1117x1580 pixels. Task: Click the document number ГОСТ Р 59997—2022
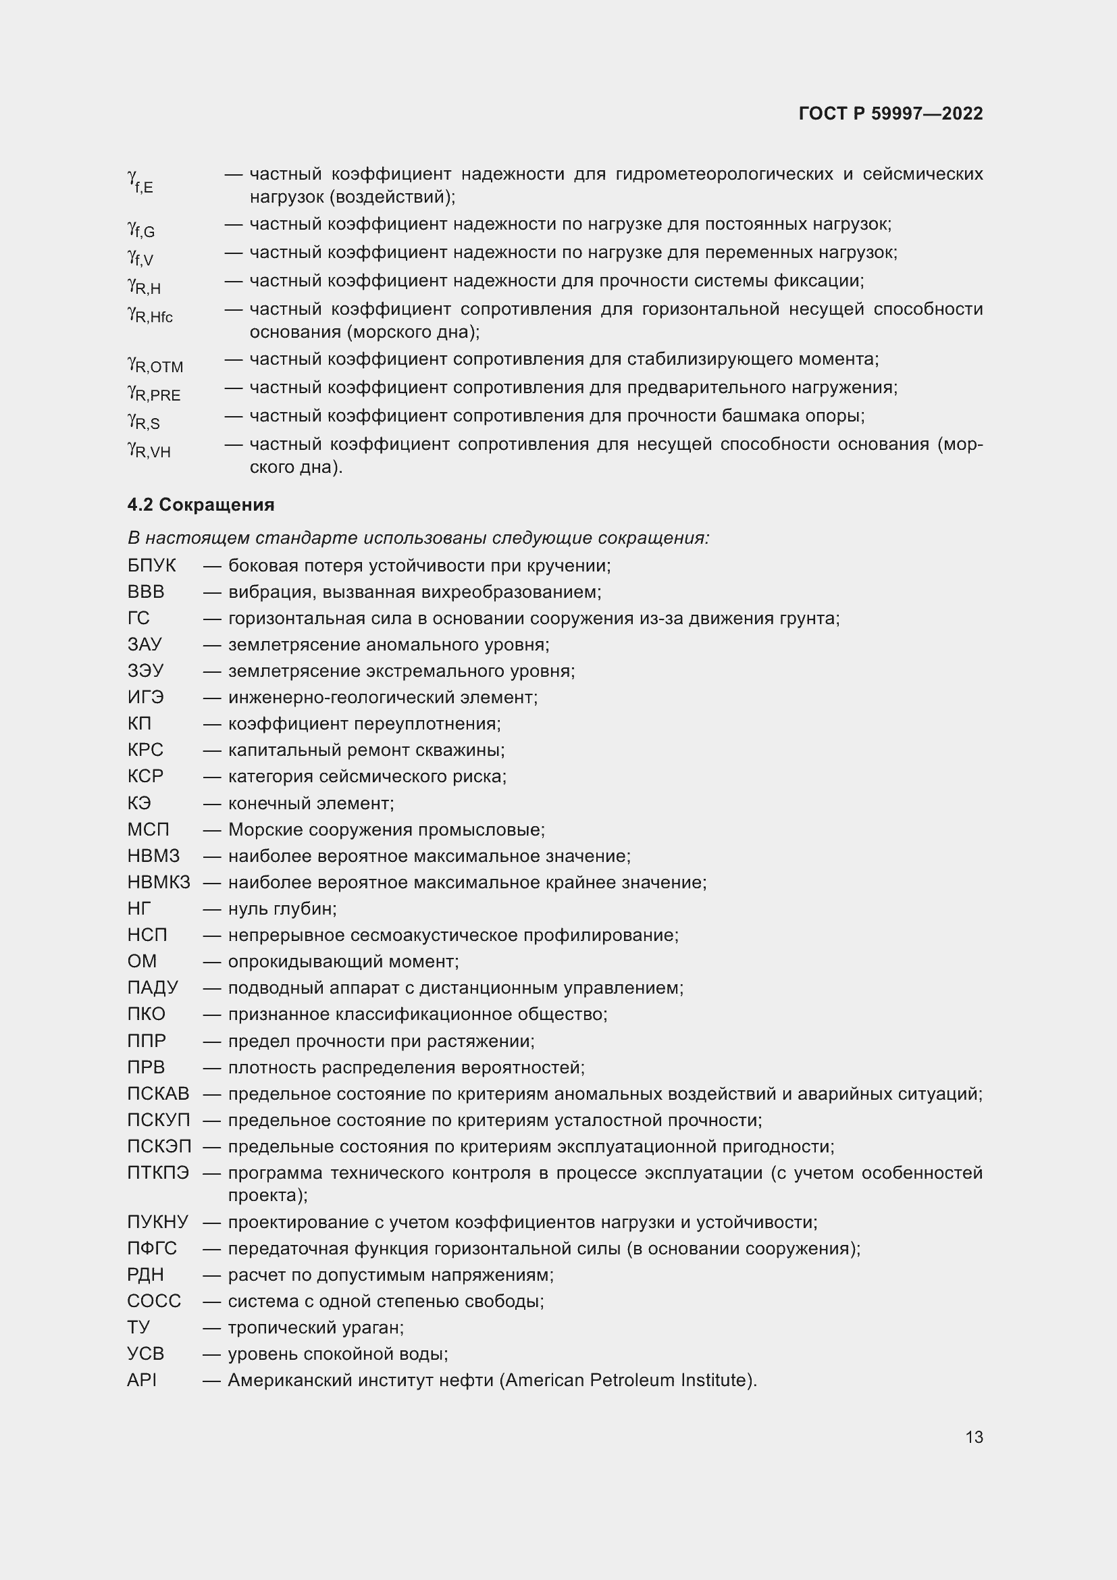pyautogui.click(x=890, y=113)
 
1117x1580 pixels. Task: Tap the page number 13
pyautogui.click(x=973, y=1437)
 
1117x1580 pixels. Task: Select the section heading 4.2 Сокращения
pyautogui.click(x=200, y=505)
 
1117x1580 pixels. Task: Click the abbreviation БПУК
pyautogui.click(x=151, y=565)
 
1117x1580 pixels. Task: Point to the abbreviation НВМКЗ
pyautogui.click(x=158, y=882)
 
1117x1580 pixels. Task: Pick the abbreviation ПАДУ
pyautogui.click(x=152, y=988)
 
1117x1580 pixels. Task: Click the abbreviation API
pyautogui.click(x=142, y=1380)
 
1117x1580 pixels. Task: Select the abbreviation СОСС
pyautogui.click(x=154, y=1300)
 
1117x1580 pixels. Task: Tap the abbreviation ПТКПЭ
pyautogui.click(x=158, y=1173)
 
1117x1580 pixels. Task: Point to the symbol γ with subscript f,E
pyautogui.click(x=140, y=181)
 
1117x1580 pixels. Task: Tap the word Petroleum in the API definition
pyautogui.click(x=627, y=1380)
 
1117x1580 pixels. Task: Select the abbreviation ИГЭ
pyautogui.click(x=145, y=697)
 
